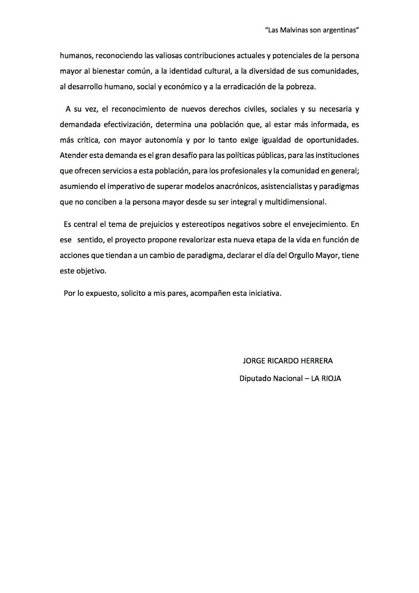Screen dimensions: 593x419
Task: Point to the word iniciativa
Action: [265, 294]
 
